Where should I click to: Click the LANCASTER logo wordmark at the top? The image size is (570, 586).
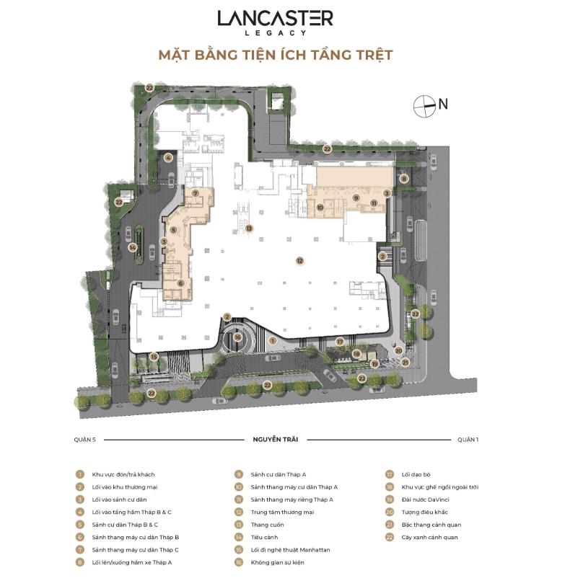pyautogui.click(x=276, y=18)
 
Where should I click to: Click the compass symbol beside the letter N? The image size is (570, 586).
pyautogui.click(x=424, y=106)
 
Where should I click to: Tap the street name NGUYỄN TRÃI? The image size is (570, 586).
pyautogui.click(x=276, y=440)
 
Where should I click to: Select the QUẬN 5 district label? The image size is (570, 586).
pyautogui.click(x=85, y=440)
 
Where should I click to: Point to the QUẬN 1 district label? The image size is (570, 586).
pyautogui.click(x=468, y=440)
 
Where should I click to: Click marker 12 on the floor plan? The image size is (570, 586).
pyautogui.click(x=299, y=261)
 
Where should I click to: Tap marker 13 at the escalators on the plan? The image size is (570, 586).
pyautogui.click(x=249, y=228)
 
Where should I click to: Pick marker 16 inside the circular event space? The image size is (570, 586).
pyautogui.click(x=238, y=337)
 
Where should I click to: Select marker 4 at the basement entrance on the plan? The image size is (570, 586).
pyautogui.click(x=168, y=158)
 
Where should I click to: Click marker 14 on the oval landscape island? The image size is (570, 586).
pyautogui.click(x=133, y=247)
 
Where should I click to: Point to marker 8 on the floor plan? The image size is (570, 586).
pyautogui.click(x=404, y=179)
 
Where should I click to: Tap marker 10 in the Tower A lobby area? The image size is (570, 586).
pyautogui.click(x=320, y=208)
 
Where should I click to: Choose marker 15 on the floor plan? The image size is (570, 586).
pyautogui.click(x=154, y=357)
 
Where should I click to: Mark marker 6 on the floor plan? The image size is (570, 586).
pyautogui.click(x=180, y=283)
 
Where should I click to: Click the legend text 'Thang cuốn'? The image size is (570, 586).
pyautogui.click(x=267, y=525)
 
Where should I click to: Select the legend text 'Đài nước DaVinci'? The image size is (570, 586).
pyautogui.click(x=425, y=500)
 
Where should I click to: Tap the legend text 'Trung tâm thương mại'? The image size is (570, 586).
pyautogui.click(x=282, y=512)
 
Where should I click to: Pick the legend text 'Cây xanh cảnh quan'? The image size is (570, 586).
pyautogui.click(x=430, y=538)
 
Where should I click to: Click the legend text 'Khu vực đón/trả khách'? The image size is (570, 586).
pyautogui.click(x=123, y=474)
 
